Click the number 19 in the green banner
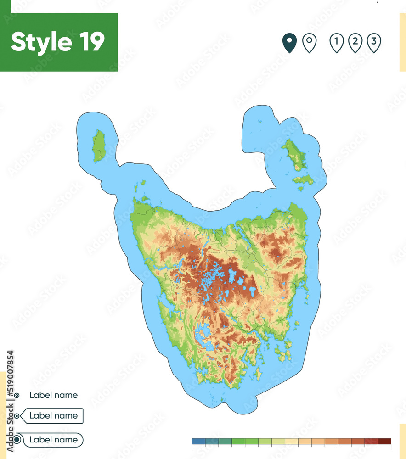tap(90, 42)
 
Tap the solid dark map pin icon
tap(289, 43)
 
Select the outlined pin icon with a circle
tap(310, 43)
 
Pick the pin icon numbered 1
tap(337, 43)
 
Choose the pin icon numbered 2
tap(355, 43)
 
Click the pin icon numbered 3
tap(374, 43)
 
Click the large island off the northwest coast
tap(98, 146)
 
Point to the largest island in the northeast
tap(294, 154)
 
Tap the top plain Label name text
tap(53, 395)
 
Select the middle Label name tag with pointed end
tap(53, 416)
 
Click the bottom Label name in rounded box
tap(53, 440)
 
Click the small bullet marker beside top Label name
tap(17, 395)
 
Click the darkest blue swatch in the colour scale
tap(198, 442)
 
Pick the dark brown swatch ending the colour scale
tap(384, 442)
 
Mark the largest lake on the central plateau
tap(232, 276)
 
